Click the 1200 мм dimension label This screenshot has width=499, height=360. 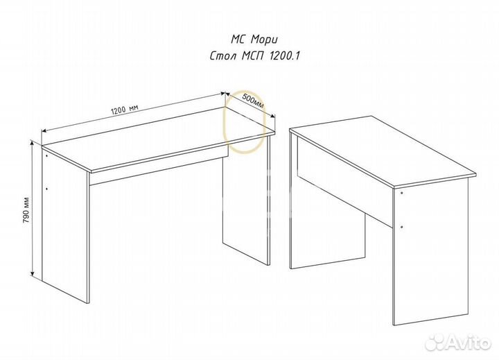125,110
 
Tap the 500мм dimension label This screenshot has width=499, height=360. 253,101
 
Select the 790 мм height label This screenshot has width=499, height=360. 26,210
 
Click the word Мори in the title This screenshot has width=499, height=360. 264,40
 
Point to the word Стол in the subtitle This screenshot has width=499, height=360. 223,56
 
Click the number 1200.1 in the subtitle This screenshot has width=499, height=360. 285,56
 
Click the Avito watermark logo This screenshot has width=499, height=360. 458,343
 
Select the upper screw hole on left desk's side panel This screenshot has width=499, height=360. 46,156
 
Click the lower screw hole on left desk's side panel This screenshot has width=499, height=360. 46,189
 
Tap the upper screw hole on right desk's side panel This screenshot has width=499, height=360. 402,193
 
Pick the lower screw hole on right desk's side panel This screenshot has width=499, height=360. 402,227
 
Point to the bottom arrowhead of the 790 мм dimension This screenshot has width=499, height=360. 32,273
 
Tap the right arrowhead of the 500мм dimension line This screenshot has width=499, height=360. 272,117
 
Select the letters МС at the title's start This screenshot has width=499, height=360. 238,40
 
